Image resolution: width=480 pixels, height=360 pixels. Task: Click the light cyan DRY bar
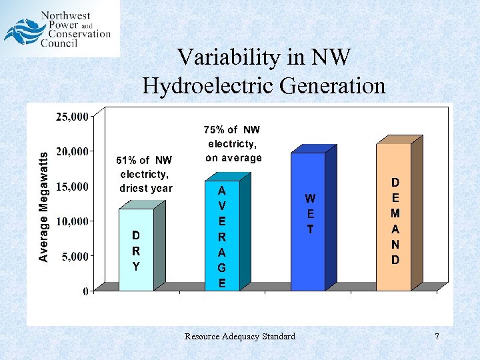click(x=136, y=250)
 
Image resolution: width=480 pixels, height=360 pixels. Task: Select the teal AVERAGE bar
click(x=221, y=236)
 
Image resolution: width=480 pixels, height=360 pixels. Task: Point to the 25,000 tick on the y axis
click(x=73, y=117)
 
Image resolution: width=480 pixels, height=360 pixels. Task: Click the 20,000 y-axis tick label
click(x=73, y=152)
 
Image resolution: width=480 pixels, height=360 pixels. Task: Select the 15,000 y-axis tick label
click(x=73, y=187)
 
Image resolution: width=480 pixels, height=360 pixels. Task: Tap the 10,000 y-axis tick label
click(x=73, y=221)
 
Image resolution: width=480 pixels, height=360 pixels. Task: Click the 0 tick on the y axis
click(x=87, y=291)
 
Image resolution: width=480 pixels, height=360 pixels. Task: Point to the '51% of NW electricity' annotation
click(x=145, y=174)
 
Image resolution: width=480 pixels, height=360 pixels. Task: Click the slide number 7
click(x=437, y=337)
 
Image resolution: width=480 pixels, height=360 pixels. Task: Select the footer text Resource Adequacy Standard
click(x=239, y=337)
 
